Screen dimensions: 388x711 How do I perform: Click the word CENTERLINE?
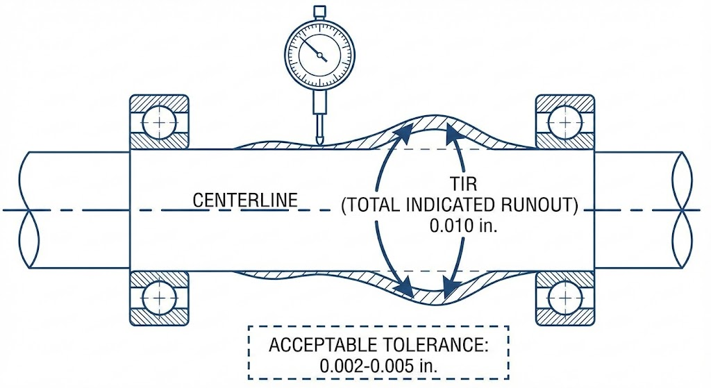point(245,201)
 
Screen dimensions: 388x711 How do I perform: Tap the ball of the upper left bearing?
point(160,122)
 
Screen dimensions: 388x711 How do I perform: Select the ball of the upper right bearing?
point(564,122)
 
